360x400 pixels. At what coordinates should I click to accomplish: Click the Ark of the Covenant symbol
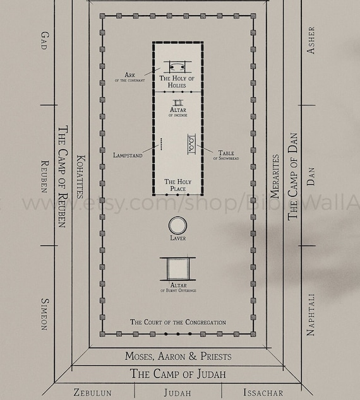(x=177, y=66)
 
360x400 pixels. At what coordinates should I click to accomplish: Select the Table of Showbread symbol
(x=191, y=144)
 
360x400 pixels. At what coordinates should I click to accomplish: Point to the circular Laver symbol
(x=178, y=225)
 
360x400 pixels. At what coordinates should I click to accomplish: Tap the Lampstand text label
(x=128, y=154)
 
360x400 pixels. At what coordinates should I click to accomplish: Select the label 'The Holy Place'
(x=177, y=185)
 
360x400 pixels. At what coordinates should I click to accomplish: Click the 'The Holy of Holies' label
(x=177, y=82)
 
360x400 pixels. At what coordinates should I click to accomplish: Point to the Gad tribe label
(x=44, y=40)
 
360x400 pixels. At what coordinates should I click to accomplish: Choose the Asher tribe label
(x=310, y=40)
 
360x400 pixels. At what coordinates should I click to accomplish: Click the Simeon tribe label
(x=44, y=314)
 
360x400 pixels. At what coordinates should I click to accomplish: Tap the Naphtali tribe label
(x=310, y=314)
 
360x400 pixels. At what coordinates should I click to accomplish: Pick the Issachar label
(x=263, y=393)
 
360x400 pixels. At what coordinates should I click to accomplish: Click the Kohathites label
(x=80, y=176)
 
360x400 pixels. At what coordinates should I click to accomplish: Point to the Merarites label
(x=275, y=176)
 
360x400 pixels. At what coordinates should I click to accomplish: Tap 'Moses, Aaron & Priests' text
(x=177, y=356)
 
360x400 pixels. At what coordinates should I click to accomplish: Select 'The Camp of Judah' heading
(x=177, y=374)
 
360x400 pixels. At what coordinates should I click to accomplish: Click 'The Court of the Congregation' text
(x=177, y=322)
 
